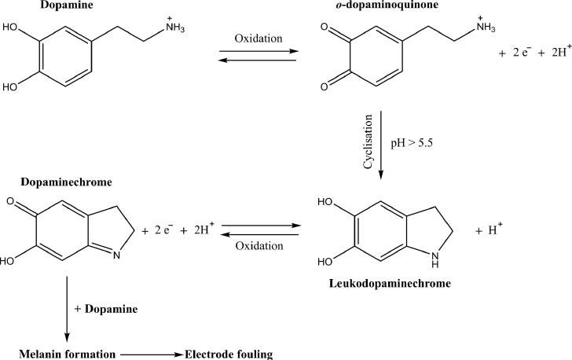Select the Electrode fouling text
[229, 354]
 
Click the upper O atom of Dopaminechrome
[9, 204]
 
